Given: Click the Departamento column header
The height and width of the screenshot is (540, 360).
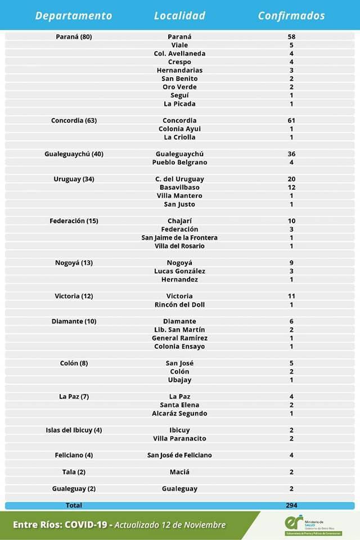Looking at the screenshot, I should click(x=74, y=16).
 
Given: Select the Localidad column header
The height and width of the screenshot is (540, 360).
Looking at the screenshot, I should click(x=179, y=16).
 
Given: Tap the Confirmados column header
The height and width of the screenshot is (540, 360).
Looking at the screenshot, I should click(x=291, y=16).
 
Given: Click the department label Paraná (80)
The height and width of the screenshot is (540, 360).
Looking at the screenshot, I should click(x=74, y=37).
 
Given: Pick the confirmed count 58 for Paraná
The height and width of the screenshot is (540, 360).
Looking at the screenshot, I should click(x=291, y=37).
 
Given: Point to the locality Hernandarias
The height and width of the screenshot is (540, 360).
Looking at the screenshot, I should click(x=179, y=70).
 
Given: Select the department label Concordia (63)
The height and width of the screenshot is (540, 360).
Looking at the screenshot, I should click(x=74, y=120).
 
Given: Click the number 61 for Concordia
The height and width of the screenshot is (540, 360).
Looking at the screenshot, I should click(x=291, y=120).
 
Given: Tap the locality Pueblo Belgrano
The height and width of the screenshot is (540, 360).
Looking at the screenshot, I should click(x=179, y=163).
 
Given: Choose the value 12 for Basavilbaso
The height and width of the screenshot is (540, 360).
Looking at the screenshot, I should click(x=291, y=187).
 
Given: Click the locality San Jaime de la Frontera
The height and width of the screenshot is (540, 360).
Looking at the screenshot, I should click(x=179, y=237).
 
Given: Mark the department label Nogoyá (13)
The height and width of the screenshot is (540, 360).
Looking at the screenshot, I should click(x=74, y=263).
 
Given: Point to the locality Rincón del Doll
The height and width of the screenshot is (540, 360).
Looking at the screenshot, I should click(x=179, y=305).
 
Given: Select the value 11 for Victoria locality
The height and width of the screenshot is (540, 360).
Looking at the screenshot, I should click(x=291, y=296).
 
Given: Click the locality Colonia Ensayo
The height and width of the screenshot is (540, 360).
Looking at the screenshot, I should click(x=179, y=346).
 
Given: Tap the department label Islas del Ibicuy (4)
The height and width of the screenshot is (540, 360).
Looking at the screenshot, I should click(x=74, y=430).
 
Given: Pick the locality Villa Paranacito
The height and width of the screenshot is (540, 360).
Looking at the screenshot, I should click(x=179, y=439).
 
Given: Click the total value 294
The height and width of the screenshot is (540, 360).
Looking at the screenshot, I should click(x=291, y=505).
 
